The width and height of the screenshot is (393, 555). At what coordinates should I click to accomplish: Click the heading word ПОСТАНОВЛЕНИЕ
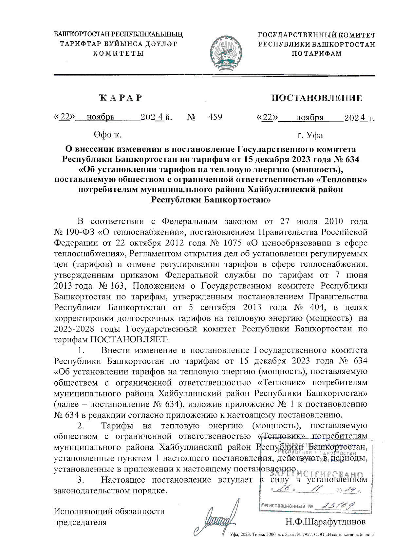pos(317,98)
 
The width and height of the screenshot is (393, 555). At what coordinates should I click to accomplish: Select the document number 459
pos(215,117)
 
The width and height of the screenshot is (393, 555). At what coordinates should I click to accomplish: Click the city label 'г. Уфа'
pos(310,135)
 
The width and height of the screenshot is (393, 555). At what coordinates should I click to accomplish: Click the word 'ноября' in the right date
pos(309,118)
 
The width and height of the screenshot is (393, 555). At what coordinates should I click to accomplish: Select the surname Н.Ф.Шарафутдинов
pos(325,521)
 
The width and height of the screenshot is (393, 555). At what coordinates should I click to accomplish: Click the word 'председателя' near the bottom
pos(80,522)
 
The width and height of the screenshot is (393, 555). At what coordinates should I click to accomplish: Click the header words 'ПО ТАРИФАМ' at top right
pos(317,54)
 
